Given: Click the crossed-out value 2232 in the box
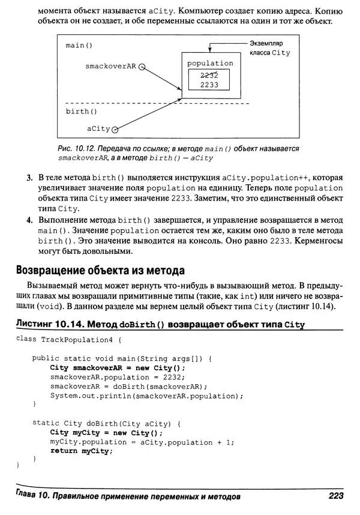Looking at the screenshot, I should [x=209, y=75].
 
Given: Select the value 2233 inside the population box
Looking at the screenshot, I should [x=209, y=85].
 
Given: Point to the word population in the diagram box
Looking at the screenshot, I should [x=210, y=63].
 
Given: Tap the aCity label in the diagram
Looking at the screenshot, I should [x=98, y=128].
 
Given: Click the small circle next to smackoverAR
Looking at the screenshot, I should [x=142, y=68].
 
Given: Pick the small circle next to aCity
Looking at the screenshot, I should [x=115, y=129].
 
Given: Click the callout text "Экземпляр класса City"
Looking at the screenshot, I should [x=269, y=48].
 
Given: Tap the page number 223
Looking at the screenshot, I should [x=335, y=496].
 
